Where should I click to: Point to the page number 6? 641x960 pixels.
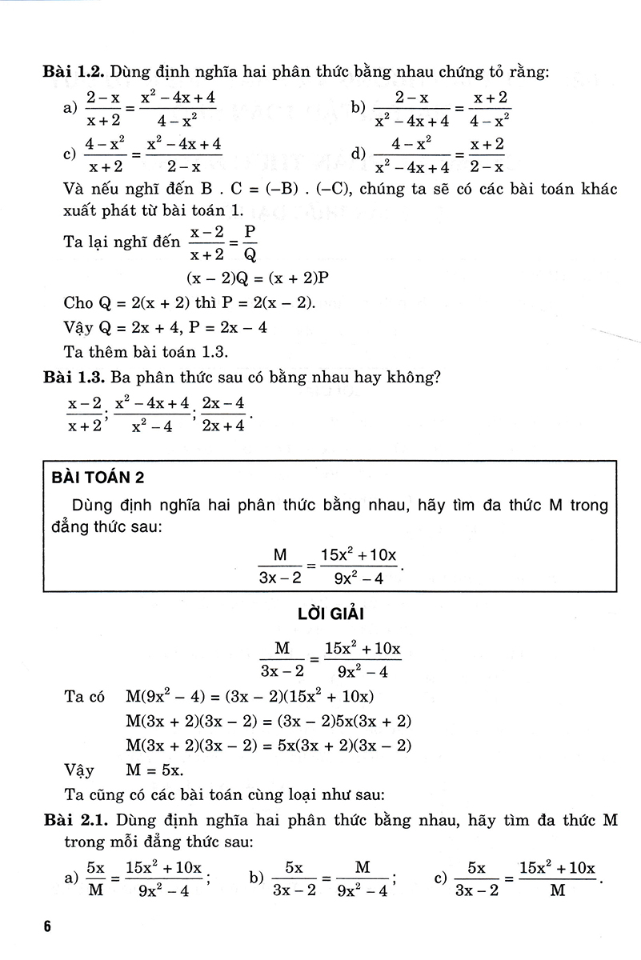[48, 927]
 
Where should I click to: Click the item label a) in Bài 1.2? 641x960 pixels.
[69, 109]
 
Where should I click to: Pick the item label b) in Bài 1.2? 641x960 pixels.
[358, 109]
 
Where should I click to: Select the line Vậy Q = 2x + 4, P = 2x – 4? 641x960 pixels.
[165, 327]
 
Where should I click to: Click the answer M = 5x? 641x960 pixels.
[155, 770]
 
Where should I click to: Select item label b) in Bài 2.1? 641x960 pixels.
[256, 878]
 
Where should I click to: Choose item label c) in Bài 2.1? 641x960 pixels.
[440, 878]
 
